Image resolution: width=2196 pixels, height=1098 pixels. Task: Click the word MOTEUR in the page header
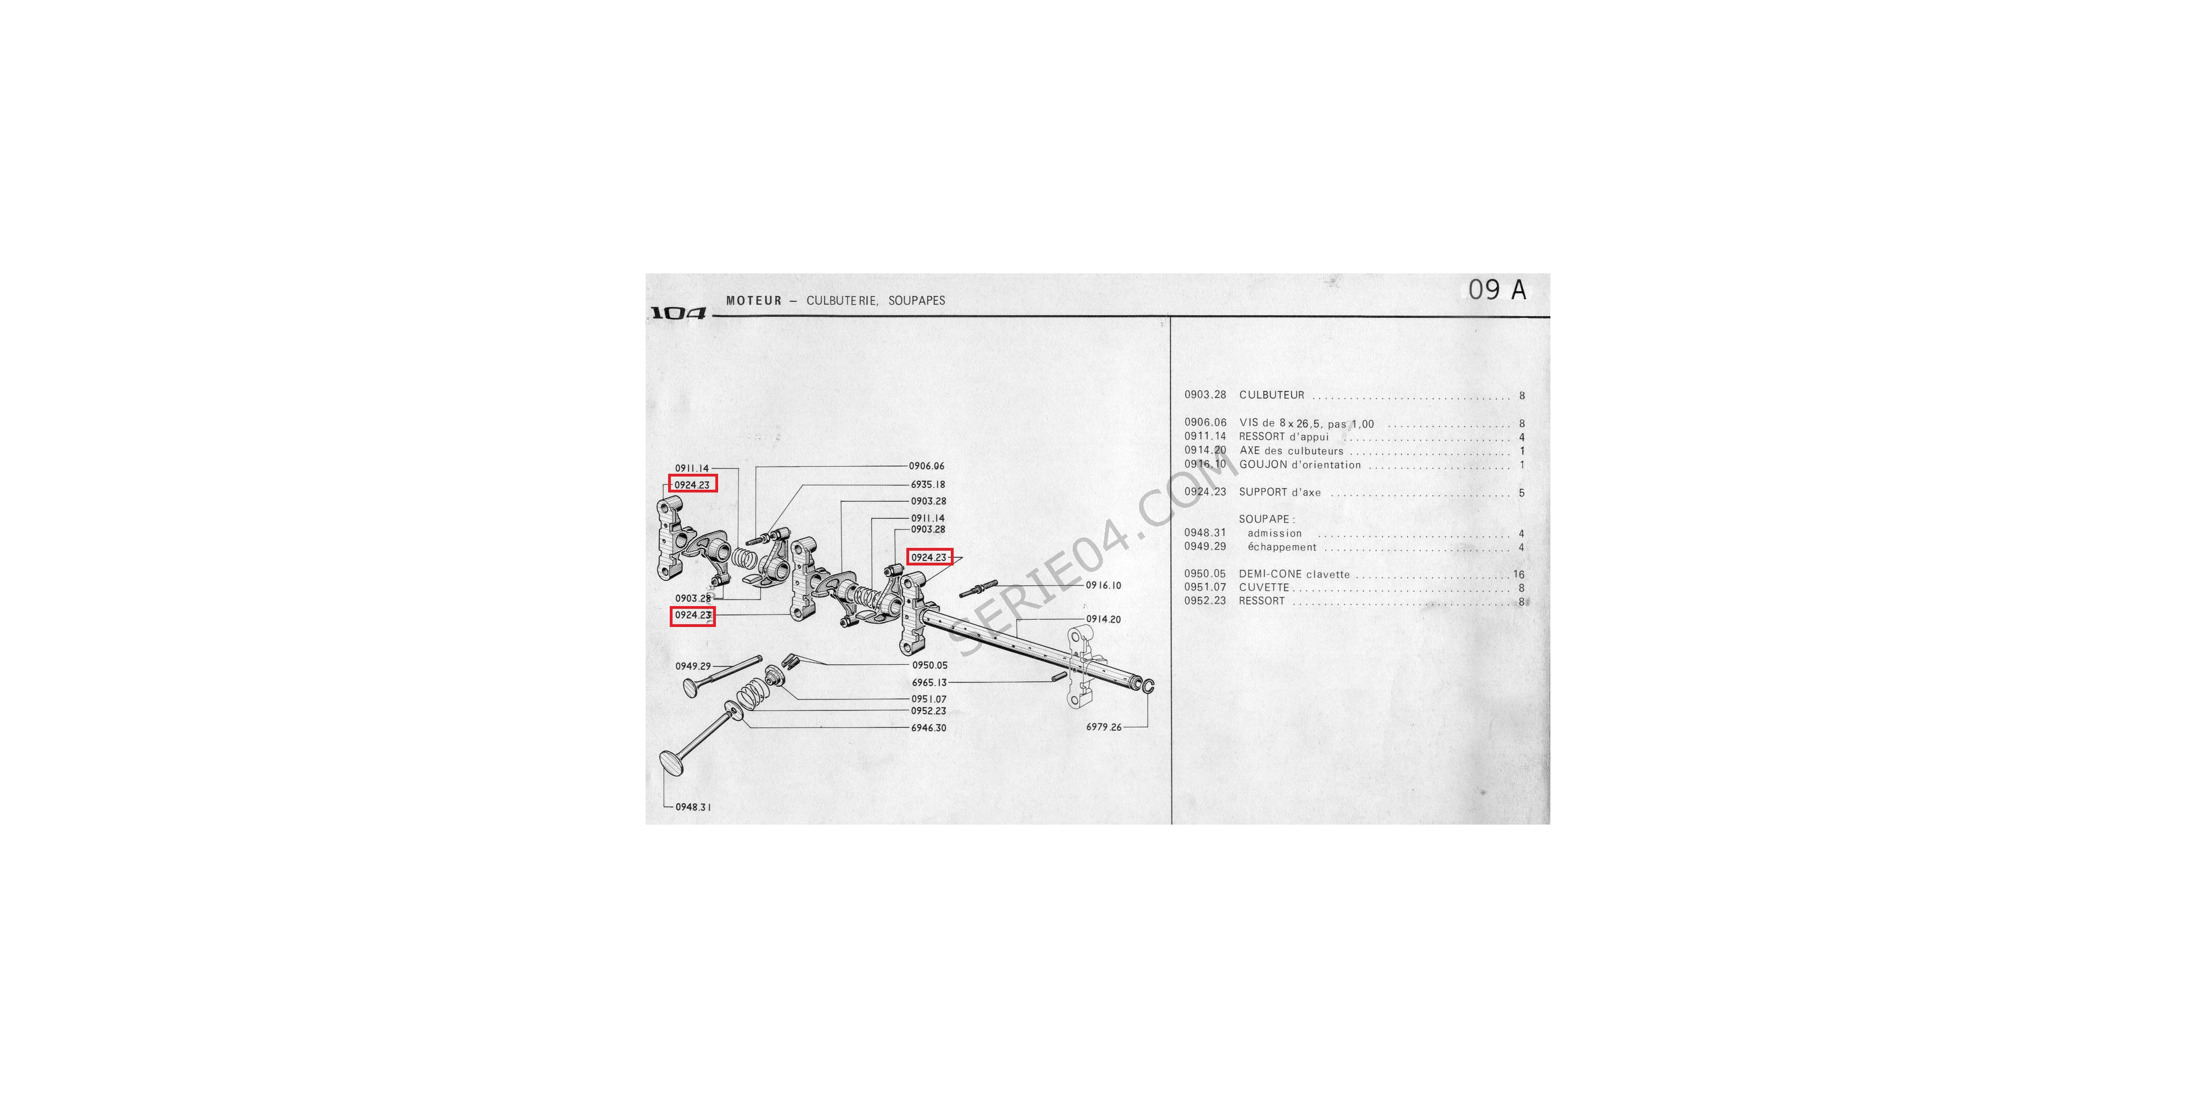(x=754, y=301)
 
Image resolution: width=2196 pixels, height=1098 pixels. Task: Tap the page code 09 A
(x=1497, y=290)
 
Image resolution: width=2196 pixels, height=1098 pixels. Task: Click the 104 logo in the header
(x=679, y=313)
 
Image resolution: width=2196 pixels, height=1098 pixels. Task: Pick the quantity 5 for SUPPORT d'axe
(x=1522, y=493)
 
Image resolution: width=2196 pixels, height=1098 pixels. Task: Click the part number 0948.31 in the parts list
(x=1205, y=533)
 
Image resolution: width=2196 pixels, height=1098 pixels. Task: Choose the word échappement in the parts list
(x=1281, y=547)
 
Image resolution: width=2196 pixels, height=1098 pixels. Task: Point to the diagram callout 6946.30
(x=928, y=728)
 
